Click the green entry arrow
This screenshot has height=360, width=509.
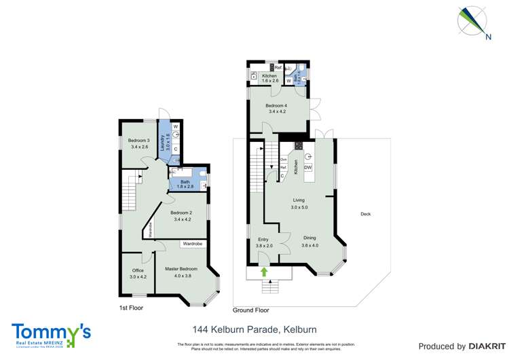point(263,272)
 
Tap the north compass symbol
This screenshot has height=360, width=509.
point(473,21)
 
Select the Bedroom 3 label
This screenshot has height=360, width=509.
point(138,143)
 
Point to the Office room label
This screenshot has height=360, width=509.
point(138,274)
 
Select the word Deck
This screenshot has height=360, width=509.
point(366,214)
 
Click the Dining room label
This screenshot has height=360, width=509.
point(309,241)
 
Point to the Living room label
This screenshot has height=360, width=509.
point(299,204)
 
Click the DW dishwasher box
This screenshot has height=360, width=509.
point(307,168)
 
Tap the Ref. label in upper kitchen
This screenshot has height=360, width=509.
point(278,67)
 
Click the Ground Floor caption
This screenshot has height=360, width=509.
point(250,310)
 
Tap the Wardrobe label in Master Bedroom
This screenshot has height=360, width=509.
point(192,244)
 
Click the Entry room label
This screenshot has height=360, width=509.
point(263,242)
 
